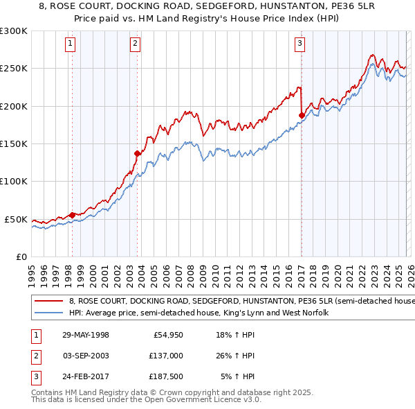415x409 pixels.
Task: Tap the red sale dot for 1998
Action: (73, 215)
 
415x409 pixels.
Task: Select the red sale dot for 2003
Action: (138, 153)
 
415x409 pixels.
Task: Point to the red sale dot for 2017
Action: (302, 115)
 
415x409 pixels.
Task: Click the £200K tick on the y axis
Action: (15, 107)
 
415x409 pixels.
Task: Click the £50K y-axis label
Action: (17, 220)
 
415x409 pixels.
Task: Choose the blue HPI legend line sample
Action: (48, 313)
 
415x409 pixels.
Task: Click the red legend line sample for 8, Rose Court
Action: (48, 301)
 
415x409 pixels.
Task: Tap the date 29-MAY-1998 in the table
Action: (84, 335)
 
